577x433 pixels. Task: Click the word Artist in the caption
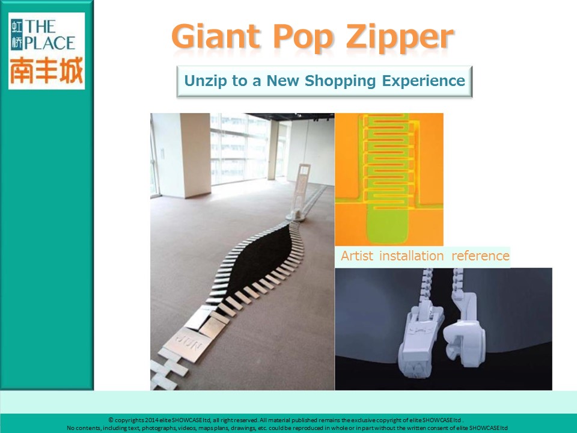point(356,256)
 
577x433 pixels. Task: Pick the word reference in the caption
point(480,256)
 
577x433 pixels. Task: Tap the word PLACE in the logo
point(50,43)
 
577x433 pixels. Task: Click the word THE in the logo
point(40,27)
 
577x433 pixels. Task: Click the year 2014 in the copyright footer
point(152,420)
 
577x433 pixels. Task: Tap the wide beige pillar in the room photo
point(195,155)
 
